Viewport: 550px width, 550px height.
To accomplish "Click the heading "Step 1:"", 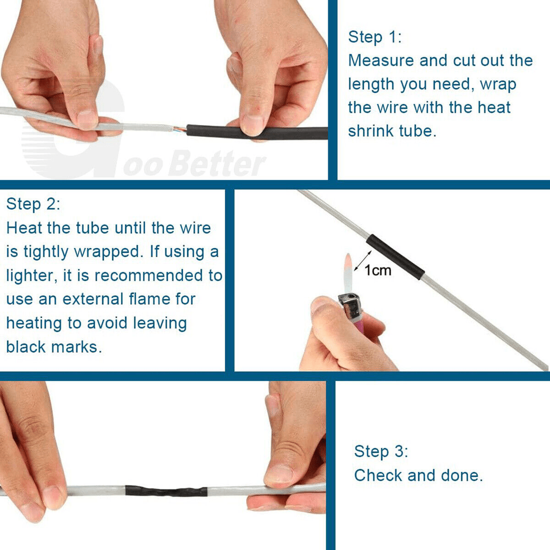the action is point(374,38).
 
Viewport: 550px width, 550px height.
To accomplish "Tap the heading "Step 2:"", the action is point(33,204).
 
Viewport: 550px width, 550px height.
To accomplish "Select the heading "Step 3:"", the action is point(381,451).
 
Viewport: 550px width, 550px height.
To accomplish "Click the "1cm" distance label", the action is point(378,270).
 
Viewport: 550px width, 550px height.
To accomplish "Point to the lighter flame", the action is point(349,273).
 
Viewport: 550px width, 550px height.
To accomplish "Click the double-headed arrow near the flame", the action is point(363,261).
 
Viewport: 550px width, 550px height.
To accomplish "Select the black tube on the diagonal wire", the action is point(395,257).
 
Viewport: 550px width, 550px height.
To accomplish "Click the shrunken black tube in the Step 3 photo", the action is point(166,491).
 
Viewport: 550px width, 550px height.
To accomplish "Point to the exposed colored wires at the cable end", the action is point(179,129).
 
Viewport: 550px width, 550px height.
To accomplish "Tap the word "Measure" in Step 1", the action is point(381,61).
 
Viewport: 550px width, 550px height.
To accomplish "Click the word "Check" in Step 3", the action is point(378,475).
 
